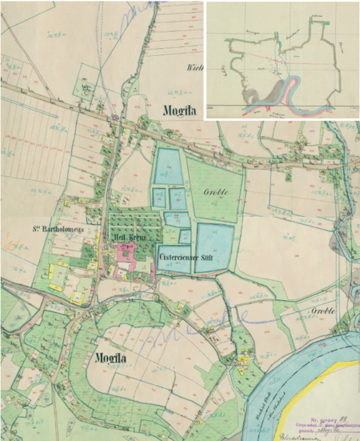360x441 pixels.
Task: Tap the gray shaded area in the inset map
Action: coord(272,92)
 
